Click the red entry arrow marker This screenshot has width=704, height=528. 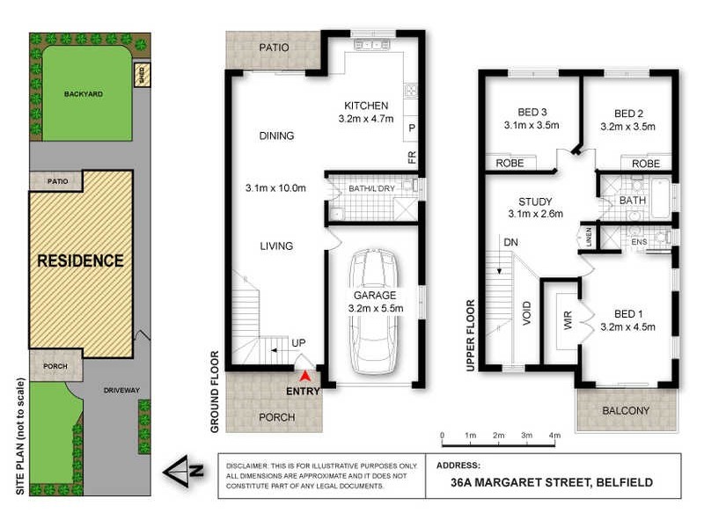point(305,376)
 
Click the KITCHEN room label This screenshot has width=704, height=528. point(365,106)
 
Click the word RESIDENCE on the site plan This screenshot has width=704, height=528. point(80,260)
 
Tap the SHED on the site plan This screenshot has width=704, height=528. point(139,76)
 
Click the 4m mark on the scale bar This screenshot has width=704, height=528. point(554,436)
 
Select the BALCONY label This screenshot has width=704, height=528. point(627,411)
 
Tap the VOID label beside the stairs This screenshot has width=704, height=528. point(527,313)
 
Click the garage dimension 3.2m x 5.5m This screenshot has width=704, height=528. point(376,308)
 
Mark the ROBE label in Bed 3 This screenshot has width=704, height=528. point(510,164)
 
